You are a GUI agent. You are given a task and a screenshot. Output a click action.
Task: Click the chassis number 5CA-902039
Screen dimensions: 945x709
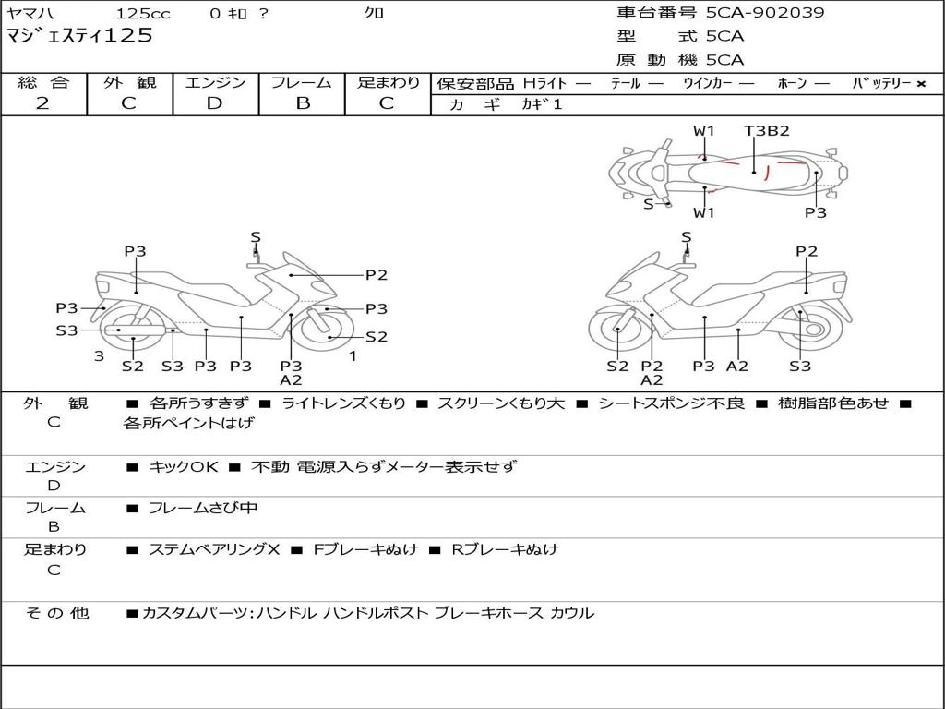click(x=765, y=13)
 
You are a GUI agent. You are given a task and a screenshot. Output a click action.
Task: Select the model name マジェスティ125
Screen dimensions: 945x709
click(x=79, y=36)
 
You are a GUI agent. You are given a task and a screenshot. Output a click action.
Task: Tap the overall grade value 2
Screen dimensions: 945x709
click(x=42, y=103)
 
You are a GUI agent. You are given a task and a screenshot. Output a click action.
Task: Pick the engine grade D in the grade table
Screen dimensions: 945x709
click(x=214, y=103)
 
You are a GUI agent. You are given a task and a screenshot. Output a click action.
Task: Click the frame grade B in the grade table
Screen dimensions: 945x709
click(x=302, y=103)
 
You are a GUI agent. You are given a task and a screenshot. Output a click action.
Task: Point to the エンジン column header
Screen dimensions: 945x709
click(x=215, y=82)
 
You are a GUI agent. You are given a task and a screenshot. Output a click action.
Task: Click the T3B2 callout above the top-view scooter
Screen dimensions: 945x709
click(x=767, y=131)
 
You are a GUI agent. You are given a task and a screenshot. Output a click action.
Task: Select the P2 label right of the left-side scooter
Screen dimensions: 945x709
click(x=377, y=274)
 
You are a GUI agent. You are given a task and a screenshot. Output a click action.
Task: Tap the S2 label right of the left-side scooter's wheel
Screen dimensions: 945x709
click(x=377, y=337)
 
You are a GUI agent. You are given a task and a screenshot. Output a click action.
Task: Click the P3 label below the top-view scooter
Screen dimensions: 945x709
click(x=815, y=213)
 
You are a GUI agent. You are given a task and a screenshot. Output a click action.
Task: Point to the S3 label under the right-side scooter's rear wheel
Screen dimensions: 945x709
click(x=800, y=366)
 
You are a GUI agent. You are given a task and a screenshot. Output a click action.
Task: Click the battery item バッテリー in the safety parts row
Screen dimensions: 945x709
click(x=881, y=83)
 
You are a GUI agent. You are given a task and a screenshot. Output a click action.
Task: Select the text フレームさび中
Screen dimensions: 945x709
click(x=203, y=508)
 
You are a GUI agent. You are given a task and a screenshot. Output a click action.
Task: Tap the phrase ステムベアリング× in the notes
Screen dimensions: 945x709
click(x=214, y=549)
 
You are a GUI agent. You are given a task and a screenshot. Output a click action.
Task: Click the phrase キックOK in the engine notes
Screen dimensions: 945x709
click(x=184, y=466)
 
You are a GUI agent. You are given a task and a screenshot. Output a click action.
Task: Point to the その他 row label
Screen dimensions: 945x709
click(x=57, y=613)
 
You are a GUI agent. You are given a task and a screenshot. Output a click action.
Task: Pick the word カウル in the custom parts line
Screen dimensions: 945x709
click(x=572, y=613)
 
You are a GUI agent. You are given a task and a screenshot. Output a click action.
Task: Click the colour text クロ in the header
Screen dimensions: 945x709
click(x=374, y=13)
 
